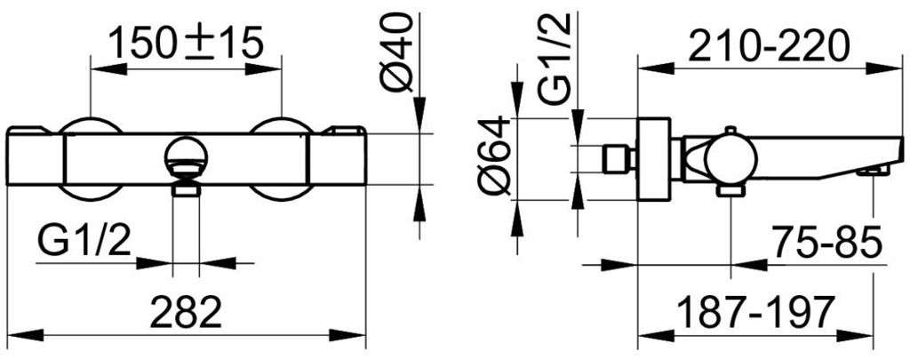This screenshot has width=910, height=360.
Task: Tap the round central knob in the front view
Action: click(x=186, y=156)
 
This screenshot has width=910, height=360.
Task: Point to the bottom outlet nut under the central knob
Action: click(x=186, y=188)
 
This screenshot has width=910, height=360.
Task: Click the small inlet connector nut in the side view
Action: click(x=614, y=159)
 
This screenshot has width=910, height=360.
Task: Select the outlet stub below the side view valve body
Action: click(x=730, y=190)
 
